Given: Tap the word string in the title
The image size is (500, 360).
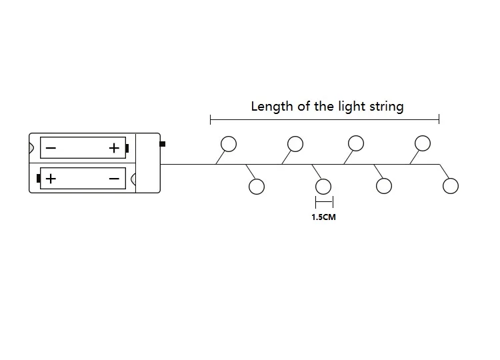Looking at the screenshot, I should click(387, 107).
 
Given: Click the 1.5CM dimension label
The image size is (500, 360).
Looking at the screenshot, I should click(323, 217).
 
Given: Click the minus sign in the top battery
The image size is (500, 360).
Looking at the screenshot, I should click(51, 148).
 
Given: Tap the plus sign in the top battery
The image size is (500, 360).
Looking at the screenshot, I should click(114, 147).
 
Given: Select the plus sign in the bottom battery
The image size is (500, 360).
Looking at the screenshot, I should click(51, 179).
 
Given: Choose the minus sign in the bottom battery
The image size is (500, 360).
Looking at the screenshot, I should click(114, 179).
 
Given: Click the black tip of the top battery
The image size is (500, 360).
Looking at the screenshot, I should click(127, 148).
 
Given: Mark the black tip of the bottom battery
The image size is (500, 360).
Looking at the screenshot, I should click(39, 179).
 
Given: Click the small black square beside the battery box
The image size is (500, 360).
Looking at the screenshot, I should click(163, 143).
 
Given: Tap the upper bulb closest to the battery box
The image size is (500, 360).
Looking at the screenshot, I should click(229, 143).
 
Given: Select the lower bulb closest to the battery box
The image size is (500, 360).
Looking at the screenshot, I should click(257, 186).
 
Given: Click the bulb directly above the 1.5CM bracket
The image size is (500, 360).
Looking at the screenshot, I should click(323, 186).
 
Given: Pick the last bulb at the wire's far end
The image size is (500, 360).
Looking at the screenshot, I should click(451, 186).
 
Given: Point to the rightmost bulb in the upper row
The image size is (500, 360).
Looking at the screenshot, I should click(423, 143).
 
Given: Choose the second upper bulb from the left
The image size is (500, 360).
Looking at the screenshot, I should click(295, 143).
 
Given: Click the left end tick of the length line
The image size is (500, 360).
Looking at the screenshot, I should click(211, 119).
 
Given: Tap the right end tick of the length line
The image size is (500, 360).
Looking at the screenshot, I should click(439, 119).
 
